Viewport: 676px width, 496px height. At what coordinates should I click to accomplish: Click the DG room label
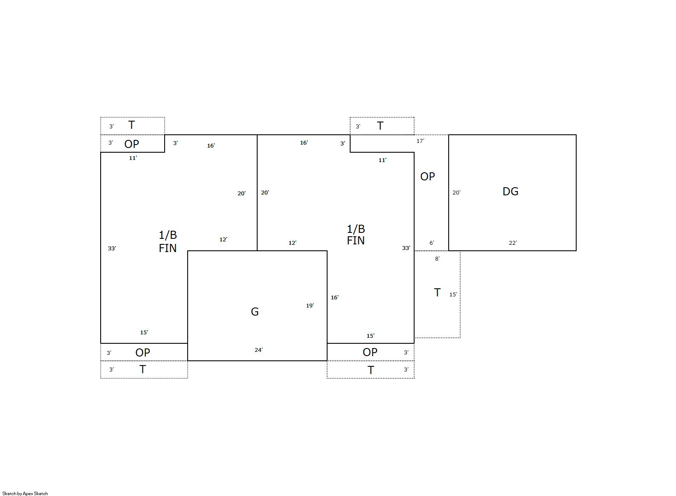point(511,191)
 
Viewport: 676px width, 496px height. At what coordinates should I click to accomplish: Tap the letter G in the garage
point(255,312)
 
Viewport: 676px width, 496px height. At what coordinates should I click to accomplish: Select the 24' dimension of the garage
point(258,350)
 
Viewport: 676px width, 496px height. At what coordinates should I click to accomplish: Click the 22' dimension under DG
point(513,243)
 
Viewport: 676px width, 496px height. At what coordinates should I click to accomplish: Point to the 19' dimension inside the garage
point(310,306)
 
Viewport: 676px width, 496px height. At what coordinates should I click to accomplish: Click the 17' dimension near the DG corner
point(421,141)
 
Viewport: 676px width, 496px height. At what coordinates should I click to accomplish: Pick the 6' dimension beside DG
point(432,243)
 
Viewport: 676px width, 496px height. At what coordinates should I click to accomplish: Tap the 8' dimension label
point(437,258)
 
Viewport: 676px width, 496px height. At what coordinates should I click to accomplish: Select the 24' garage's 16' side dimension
point(335,298)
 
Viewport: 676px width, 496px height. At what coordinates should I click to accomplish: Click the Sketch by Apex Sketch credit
point(25,493)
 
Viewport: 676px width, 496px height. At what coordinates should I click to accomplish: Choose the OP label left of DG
point(428,177)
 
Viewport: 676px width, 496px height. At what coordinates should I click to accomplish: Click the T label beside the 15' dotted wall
point(437,292)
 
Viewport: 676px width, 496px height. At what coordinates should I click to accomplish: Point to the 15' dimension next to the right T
point(453,294)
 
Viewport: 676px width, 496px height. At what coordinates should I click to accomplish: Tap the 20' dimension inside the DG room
point(457,192)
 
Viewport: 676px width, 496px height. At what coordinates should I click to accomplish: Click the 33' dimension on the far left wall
point(112,249)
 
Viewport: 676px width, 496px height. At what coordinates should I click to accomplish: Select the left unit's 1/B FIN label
point(168,241)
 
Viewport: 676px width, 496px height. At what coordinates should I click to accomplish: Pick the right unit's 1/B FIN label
point(356,235)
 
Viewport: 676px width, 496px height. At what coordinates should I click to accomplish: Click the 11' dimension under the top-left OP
point(133,158)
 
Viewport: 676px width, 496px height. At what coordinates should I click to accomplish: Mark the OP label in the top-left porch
point(132,144)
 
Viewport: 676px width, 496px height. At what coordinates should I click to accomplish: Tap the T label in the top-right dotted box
point(380,126)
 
